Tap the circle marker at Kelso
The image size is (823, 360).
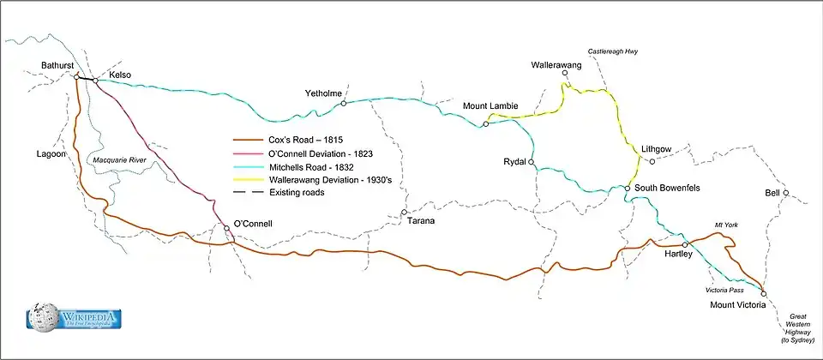(95, 81)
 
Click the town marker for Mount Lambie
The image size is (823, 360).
(485, 124)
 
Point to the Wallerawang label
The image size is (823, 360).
(556, 65)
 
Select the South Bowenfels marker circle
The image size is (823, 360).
(628, 189)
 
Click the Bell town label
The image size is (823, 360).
(772, 193)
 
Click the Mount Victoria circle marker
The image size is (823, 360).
(763, 293)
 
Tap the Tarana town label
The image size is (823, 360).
(418, 221)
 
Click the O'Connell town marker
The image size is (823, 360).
(227, 229)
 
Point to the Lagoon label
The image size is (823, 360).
(51, 154)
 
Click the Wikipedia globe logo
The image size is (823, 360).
(41, 317)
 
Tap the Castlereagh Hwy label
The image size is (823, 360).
(612, 52)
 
